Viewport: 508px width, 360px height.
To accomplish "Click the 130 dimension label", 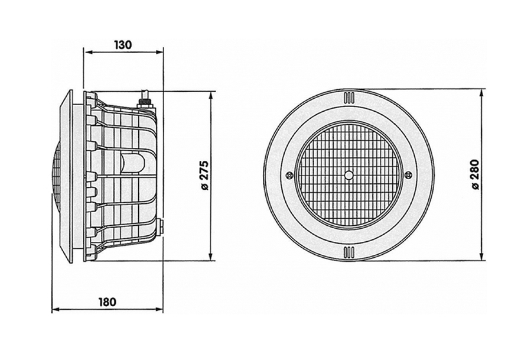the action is (123, 45).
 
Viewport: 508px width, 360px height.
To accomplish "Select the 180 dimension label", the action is (107, 302).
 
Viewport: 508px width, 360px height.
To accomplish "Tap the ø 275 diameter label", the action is (205, 176).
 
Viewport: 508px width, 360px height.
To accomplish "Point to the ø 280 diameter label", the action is (476, 174).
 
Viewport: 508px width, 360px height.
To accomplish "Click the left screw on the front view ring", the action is (289, 175).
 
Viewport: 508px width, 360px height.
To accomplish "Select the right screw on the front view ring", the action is (408, 175).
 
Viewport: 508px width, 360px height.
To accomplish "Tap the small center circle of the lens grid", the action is (349, 175).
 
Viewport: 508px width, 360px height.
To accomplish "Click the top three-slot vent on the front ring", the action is (349, 98).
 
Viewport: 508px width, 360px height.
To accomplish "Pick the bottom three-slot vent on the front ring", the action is (349, 251).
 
